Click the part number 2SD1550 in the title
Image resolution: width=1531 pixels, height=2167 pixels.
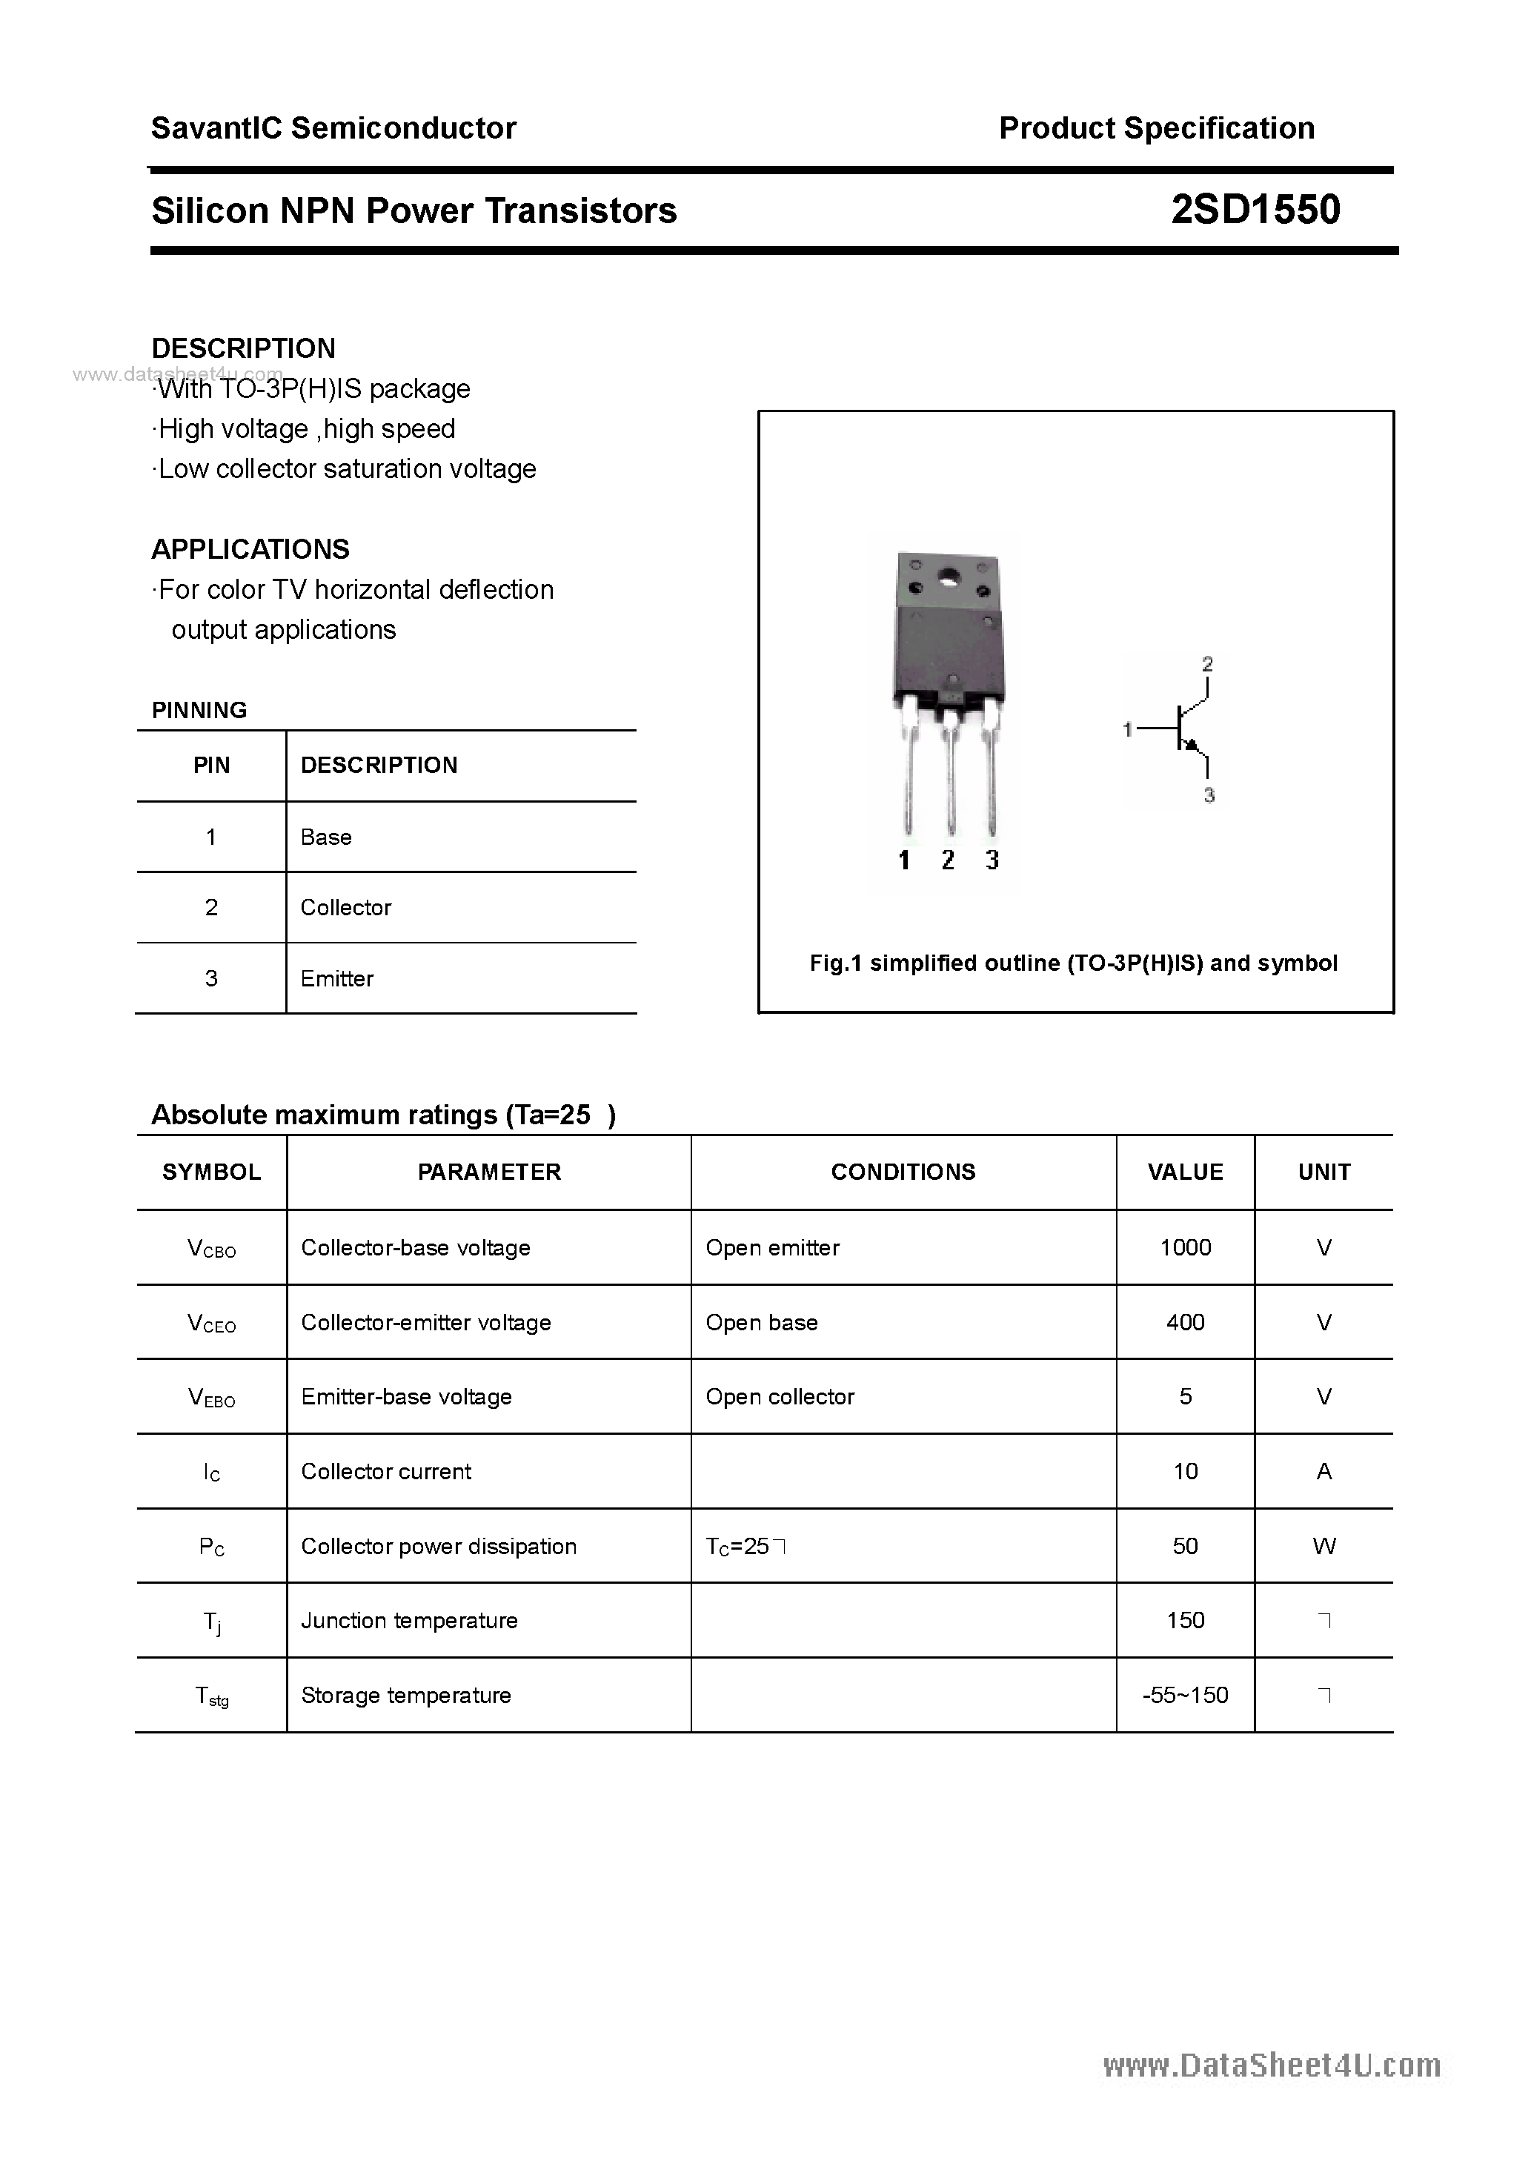point(1255,210)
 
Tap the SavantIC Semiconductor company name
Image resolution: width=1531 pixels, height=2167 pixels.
point(333,128)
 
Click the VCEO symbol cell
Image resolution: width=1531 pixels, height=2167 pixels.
point(211,1323)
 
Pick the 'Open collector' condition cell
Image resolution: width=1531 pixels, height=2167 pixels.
point(780,1397)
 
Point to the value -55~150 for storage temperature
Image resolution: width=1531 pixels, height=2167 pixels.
point(1185,1695)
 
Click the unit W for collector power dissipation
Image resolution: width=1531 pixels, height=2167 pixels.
point(1324,1546)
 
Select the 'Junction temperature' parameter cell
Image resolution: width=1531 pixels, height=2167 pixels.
point(409,1621)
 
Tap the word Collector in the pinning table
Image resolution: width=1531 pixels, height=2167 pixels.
point(345,907)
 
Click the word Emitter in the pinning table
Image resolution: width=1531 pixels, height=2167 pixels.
point(337,979)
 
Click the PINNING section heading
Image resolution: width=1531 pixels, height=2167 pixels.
point(199,710)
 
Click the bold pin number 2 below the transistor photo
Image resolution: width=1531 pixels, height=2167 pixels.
point(948,859)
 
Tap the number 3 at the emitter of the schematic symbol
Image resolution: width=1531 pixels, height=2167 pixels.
point(1209,796)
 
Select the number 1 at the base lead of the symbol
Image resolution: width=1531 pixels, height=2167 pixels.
point(1127,729)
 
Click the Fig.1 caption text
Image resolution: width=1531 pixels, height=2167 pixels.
point(1073,963)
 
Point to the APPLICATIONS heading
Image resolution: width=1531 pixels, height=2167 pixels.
point(250,549)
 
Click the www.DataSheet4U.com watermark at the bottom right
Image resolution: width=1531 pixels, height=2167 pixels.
point(1272,2066)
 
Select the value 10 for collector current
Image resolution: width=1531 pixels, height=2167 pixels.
point(1185,1471)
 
